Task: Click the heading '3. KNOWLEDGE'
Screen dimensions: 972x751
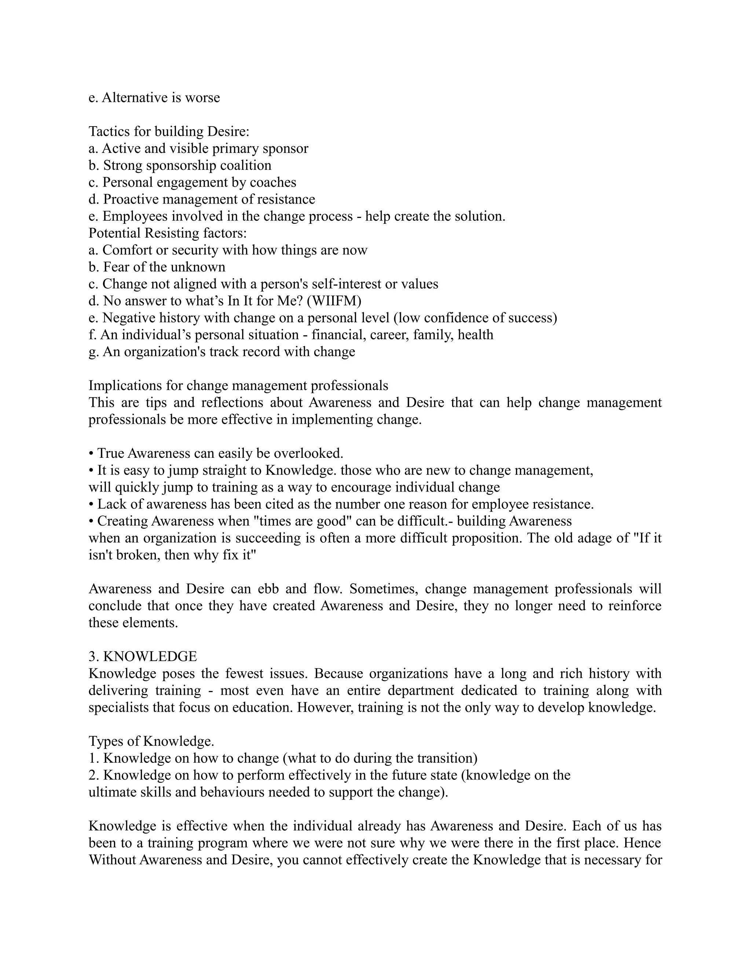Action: tap(142, 657)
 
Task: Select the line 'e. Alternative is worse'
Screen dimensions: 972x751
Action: tap(154, 98)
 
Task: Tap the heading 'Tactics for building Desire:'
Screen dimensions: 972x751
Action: tap(169, 131)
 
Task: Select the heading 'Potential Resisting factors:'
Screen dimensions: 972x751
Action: tap(167, 233)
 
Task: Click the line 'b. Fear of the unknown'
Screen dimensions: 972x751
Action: tap(157, 267)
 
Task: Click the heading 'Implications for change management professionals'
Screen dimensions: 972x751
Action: tap(238, 385)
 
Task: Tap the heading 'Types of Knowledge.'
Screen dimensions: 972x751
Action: tap(151, 741)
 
